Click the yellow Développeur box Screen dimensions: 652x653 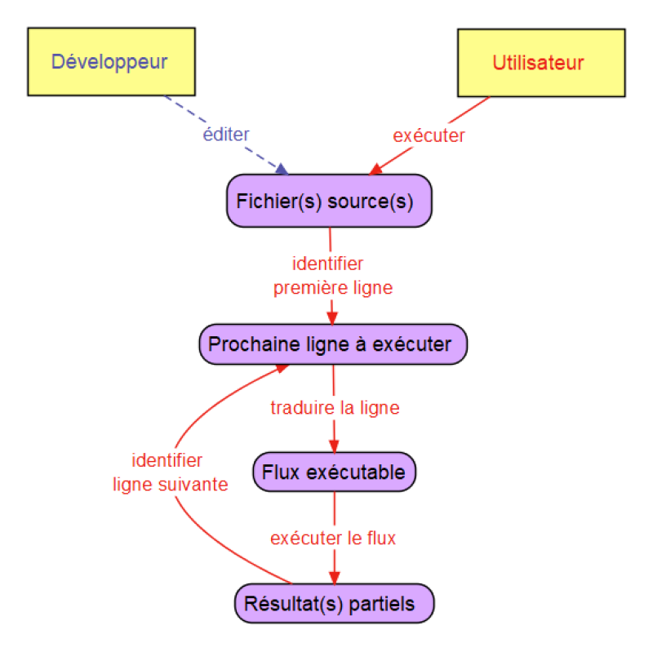(x=111, y=62)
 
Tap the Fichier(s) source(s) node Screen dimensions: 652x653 (x=328, y=201)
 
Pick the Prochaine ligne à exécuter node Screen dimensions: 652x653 (x=333, y=344)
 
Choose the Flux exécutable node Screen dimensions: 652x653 (x=335, y=472)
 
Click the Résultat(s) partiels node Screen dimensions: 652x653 (x=334, y=605)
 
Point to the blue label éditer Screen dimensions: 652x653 (x=226, y=135)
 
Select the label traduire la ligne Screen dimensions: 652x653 (x=335, y=407)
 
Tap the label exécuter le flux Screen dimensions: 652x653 (x=332, y=539)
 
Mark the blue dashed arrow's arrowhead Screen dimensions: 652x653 (x=282, y=169)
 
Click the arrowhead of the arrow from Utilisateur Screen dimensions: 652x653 (x=375, y=169)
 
